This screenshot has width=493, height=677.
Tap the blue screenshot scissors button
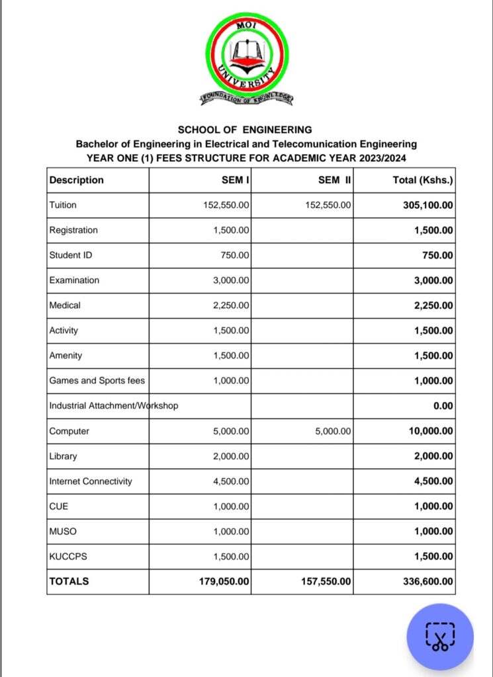point(440,637)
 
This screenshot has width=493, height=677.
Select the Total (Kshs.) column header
point(423,180)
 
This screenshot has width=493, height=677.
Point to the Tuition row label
point(63,205)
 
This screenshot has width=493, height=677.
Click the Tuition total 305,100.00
point(428,205)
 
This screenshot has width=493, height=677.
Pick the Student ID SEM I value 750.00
point(234,255)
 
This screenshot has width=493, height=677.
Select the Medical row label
point(65,305)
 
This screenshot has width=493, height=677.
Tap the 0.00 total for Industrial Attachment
point(443,406)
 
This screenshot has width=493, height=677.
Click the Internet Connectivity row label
point(91,481)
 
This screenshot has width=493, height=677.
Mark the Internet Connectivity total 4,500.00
point(433,481)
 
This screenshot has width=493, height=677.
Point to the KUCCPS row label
point(68,557)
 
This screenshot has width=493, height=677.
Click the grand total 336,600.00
point(428,582)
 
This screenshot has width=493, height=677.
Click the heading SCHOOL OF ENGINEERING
point(245,130)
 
